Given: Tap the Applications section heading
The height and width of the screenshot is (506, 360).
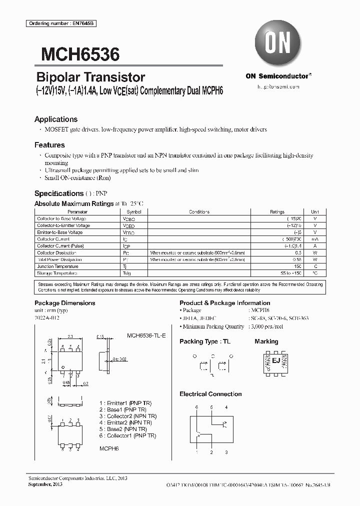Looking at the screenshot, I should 56,119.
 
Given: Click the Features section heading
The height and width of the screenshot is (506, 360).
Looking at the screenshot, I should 49,145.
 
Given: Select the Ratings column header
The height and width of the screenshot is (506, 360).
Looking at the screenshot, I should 277,212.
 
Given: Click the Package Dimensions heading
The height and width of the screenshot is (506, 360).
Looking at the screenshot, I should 64,303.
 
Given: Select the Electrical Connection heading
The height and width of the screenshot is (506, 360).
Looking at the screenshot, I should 210,394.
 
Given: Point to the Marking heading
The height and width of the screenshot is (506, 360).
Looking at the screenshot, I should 266,341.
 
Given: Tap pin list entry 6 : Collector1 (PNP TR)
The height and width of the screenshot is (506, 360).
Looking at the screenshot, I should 128,436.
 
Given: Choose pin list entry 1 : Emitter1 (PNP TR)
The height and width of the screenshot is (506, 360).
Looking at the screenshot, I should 125,402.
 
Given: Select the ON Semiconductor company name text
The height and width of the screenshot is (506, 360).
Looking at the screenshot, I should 277,76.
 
